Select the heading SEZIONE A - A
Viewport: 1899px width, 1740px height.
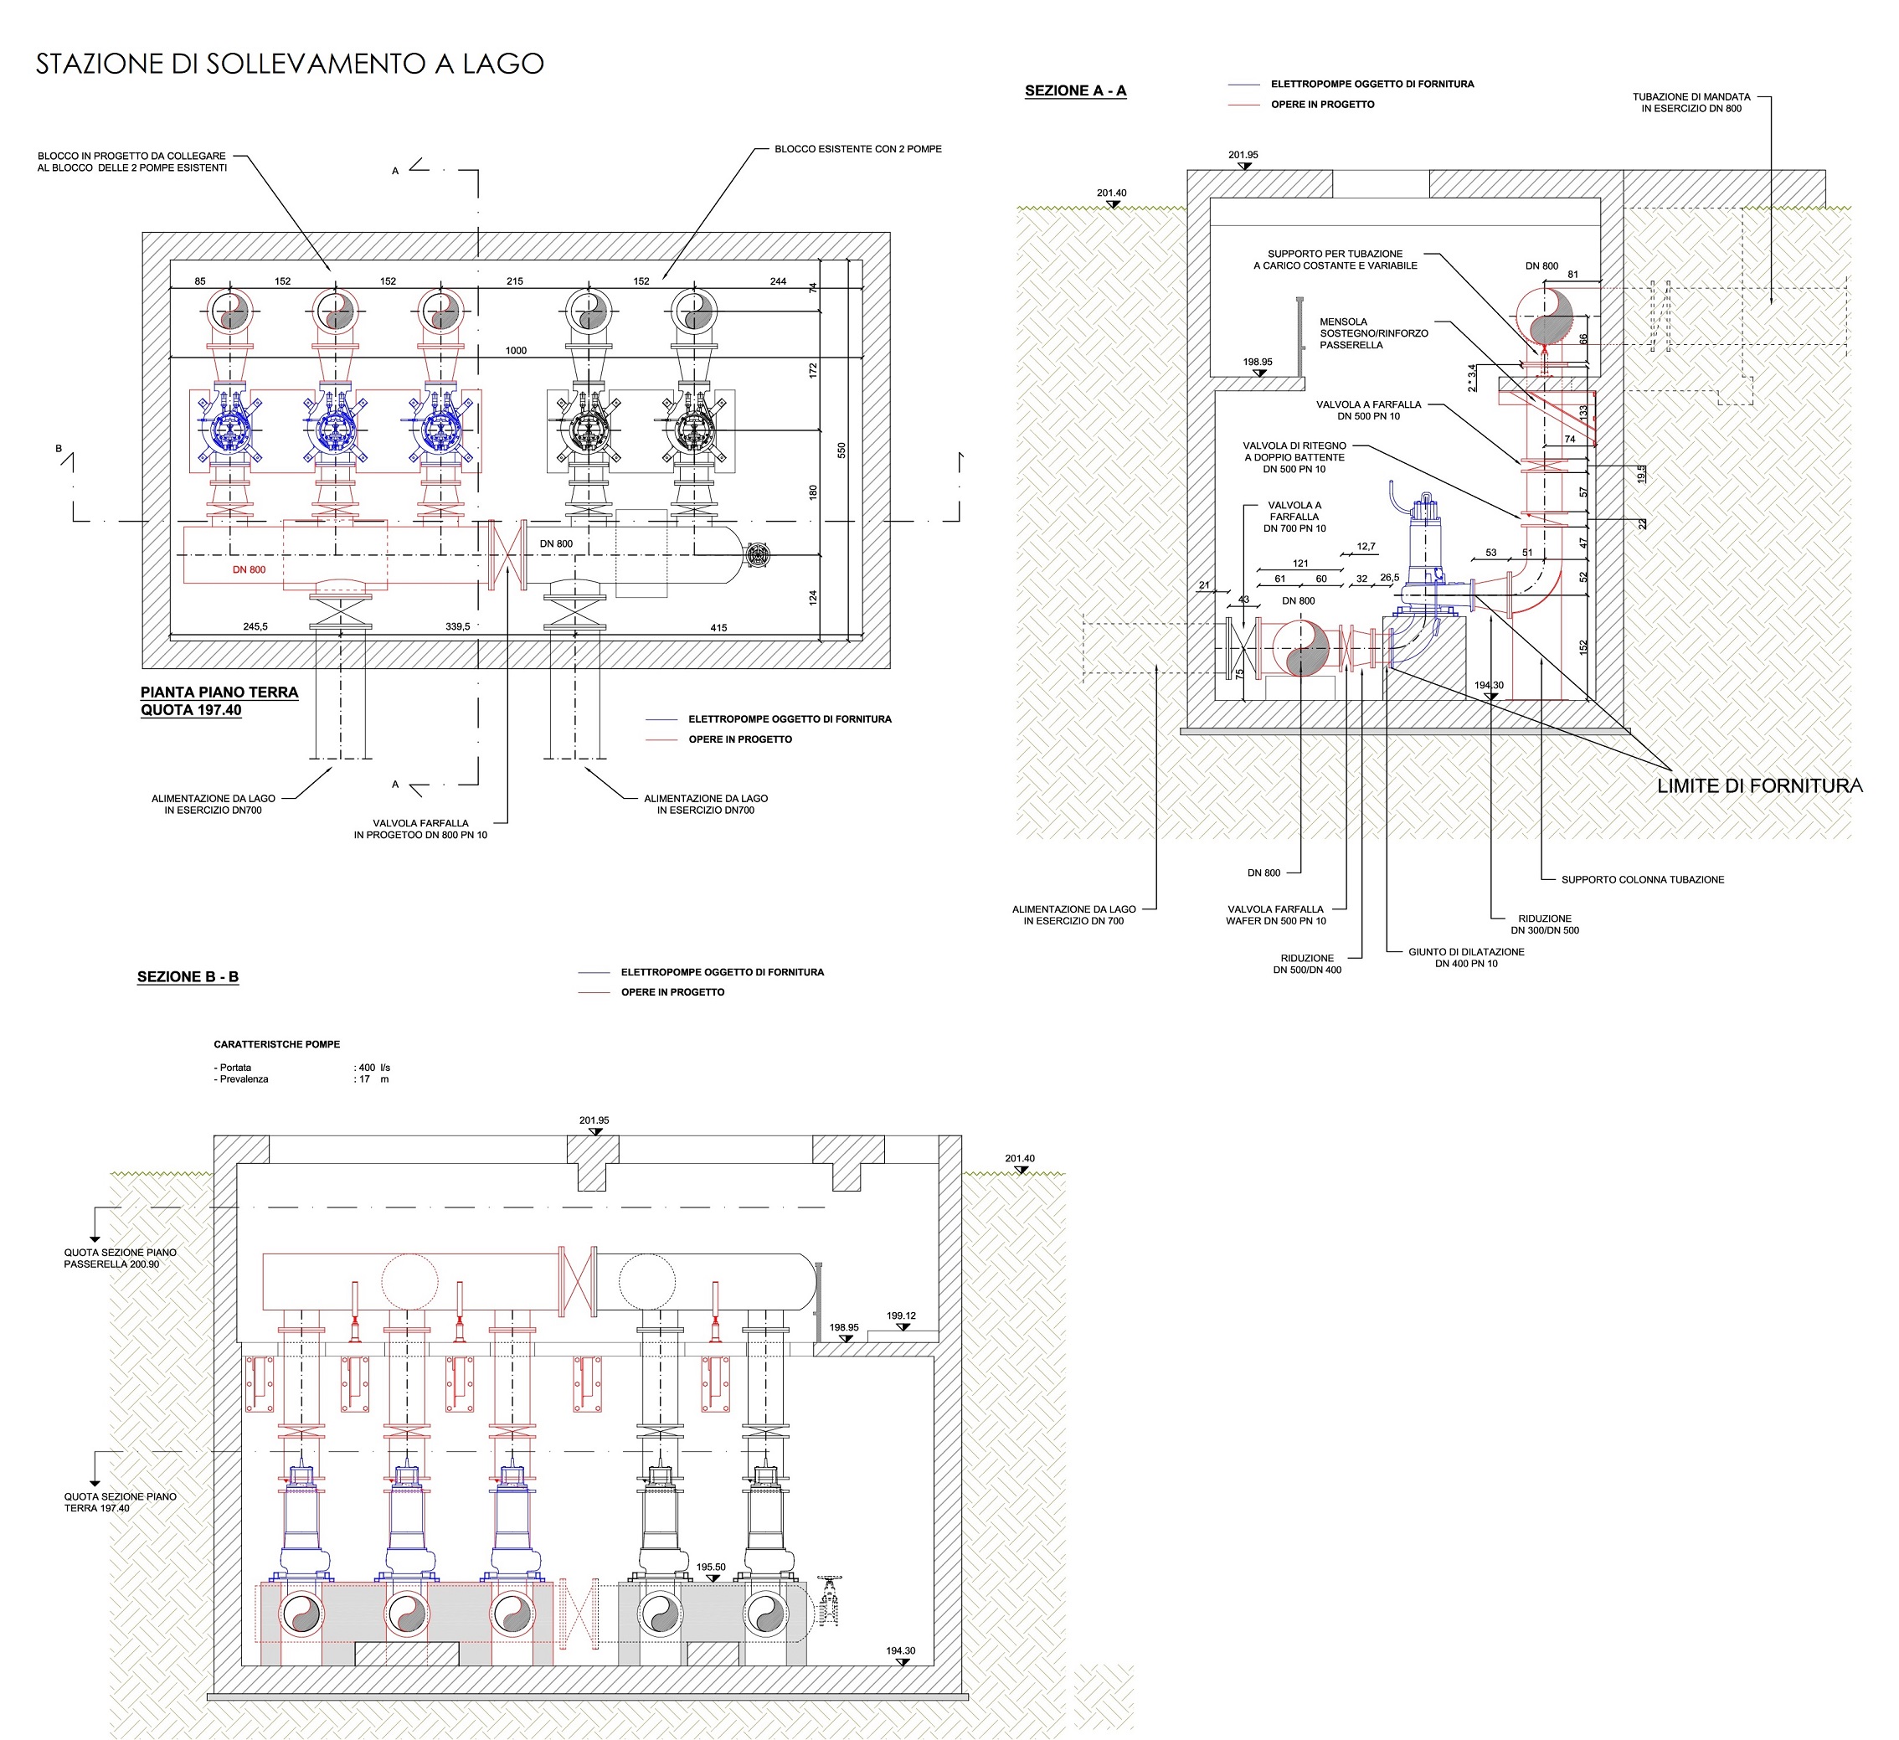click(x=1076, y=90)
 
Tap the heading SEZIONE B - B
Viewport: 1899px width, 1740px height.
click(x=188, y=977)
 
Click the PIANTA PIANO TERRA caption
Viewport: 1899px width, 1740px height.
click(x=219, y=692)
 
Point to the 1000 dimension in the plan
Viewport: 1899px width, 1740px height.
click(x=516, y=351)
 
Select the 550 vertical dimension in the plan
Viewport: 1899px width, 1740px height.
click(x=842, y=450)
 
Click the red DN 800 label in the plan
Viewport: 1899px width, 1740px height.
click(x=250, y=570)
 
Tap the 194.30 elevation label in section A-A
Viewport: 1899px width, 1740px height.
click(x=1490, y=685)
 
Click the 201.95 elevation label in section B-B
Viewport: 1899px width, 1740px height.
click(x=594, y=1120)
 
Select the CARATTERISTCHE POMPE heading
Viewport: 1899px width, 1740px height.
click(x=277, y=1044)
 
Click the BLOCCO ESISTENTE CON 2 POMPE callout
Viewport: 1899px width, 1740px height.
click(x=858, y=149)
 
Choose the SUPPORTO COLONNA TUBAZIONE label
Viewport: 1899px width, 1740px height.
click(x=1643, y=880)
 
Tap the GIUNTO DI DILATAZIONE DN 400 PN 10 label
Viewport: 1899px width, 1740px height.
click(x=1467, y=958)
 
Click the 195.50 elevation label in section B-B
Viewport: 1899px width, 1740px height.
click(x=711, y=1568)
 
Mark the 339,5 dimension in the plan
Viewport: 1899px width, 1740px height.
click(x=458, y=626)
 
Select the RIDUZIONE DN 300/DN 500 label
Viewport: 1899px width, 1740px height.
click(x=1545, y=924)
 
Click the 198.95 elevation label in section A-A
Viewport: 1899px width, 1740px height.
click(x=1258, y=362)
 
